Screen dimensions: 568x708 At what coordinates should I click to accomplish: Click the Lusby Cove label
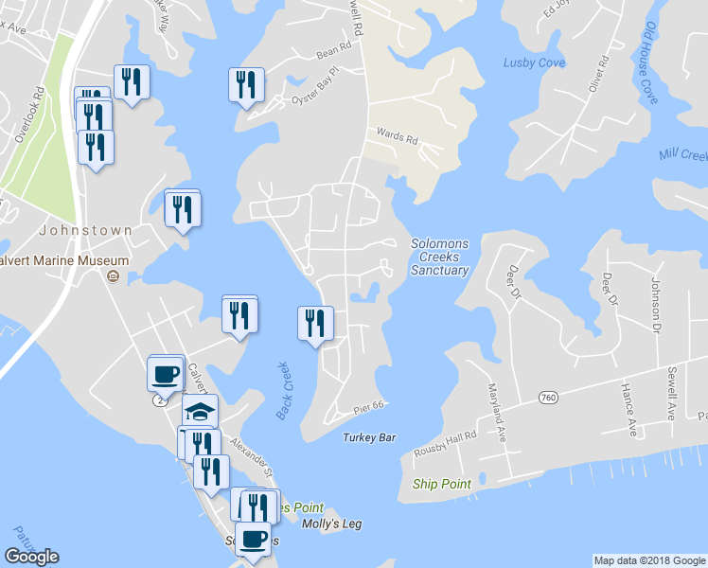click(x=534, y=63)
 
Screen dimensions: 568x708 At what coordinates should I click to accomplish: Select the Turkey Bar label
click(x=369, y=437)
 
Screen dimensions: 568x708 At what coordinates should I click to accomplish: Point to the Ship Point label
click(x=441, y=484)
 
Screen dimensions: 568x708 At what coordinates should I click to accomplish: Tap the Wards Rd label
click(x=398, y=137)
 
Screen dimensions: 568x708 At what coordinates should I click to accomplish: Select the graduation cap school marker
click(x=201, y=411)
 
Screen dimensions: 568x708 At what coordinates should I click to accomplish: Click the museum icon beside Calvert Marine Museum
click(x=113, y=276)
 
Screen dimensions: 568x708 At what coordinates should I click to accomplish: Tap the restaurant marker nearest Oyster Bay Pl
click(x=245, y=84)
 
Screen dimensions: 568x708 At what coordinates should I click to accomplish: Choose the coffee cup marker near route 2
click(x=166, y=373)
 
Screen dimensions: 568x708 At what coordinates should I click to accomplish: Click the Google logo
click(x=31, y=557)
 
